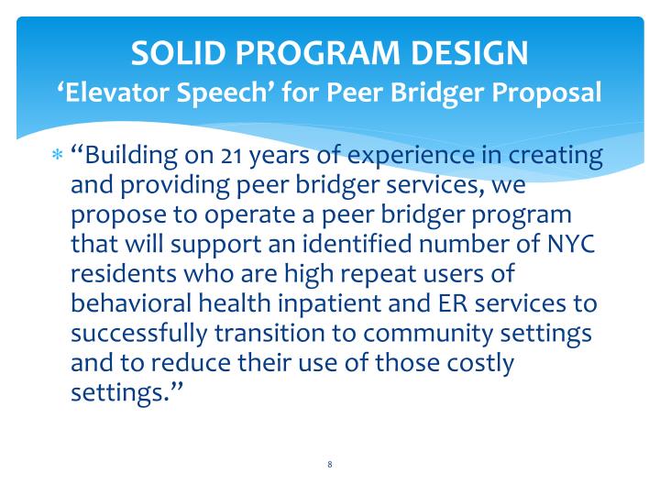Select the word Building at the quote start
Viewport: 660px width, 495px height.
133,156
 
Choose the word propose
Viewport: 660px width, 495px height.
116,215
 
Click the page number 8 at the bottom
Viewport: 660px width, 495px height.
329,465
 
